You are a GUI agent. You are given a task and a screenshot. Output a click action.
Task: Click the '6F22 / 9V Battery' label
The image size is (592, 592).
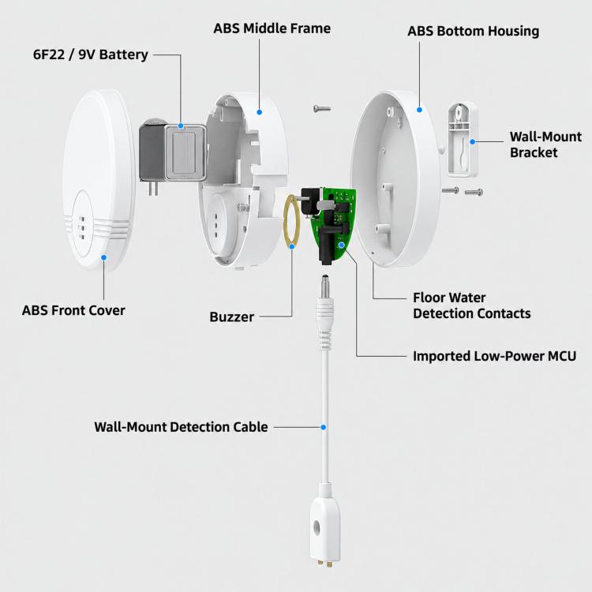click(x=91, y=54)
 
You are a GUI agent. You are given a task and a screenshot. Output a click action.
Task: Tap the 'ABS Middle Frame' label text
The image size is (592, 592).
click(x=272, y=28)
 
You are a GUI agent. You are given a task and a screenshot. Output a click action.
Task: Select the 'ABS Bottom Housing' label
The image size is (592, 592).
click(x=473, y=32)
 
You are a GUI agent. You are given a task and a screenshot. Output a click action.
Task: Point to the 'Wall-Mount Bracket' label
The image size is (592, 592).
click(x=545, y=144)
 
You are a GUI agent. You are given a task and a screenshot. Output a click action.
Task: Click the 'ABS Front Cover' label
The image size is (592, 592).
click(x=73, y=310)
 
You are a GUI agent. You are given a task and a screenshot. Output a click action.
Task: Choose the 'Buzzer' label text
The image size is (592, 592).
click(x=231, y=317)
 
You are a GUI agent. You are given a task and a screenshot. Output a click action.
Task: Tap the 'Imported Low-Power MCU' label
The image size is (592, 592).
click(x=494, y=356)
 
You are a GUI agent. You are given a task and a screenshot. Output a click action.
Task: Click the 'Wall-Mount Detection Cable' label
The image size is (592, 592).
click(x=181, y=427)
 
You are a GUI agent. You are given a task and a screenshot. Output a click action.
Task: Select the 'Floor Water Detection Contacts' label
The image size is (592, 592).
click(x=471, y=305)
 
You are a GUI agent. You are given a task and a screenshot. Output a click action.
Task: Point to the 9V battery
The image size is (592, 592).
click(x=173, y=154)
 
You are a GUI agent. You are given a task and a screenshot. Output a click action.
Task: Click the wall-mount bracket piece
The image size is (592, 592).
click(x=463, y=139)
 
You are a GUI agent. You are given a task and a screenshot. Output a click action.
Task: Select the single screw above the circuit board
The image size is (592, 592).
click(x=322, y=109)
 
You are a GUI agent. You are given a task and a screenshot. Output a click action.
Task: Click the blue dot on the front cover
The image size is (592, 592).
click(x=103, y=257)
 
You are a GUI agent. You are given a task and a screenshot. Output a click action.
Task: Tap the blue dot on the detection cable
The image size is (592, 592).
click(x=323, y=427)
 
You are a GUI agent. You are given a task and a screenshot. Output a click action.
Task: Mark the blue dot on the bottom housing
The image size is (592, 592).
click(x=419, y=110)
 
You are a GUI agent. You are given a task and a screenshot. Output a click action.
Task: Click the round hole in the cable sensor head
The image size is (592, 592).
click(x=317, y=527)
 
